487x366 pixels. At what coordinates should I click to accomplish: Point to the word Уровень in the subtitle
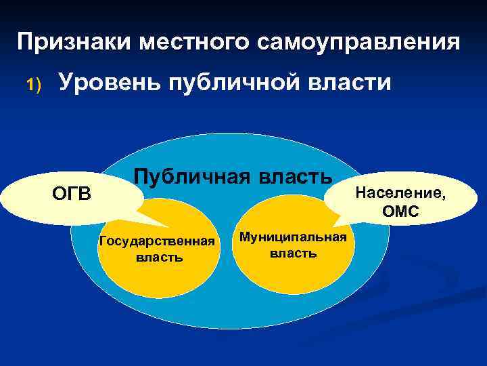109,83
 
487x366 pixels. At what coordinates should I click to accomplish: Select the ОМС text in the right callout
400,212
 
